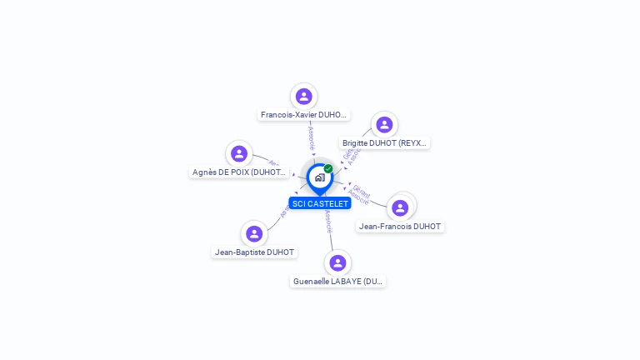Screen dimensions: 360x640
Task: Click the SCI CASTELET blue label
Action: (320, 203)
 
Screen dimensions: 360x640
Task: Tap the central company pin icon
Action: (319, 177)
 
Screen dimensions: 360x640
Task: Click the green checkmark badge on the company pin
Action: (328, 168)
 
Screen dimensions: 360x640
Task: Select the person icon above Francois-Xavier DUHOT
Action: (303, 96)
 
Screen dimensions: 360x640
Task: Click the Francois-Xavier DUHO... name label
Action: (303, 115)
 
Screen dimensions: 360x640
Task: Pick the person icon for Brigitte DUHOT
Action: (384, 124)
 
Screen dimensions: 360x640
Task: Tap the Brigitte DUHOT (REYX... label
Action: (385, 143)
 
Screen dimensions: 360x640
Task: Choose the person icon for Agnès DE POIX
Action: (239, 153)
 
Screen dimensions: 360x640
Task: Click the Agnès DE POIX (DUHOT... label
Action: (239, 172)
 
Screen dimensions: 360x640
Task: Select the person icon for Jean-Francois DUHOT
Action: (400, 207)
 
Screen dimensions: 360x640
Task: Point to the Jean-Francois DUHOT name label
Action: (400, 226)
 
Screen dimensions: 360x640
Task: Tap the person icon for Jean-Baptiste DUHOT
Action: (254, 233)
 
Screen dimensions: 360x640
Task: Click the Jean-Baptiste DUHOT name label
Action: (254, 252)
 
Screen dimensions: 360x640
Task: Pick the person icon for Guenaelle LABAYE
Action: (337, 262)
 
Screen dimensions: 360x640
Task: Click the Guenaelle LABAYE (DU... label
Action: (338, 282)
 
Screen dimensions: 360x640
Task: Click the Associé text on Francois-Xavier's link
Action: (310, 136)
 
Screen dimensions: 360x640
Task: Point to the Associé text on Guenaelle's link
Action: (328, 221)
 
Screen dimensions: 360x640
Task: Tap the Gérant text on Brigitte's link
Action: (347, 154)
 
